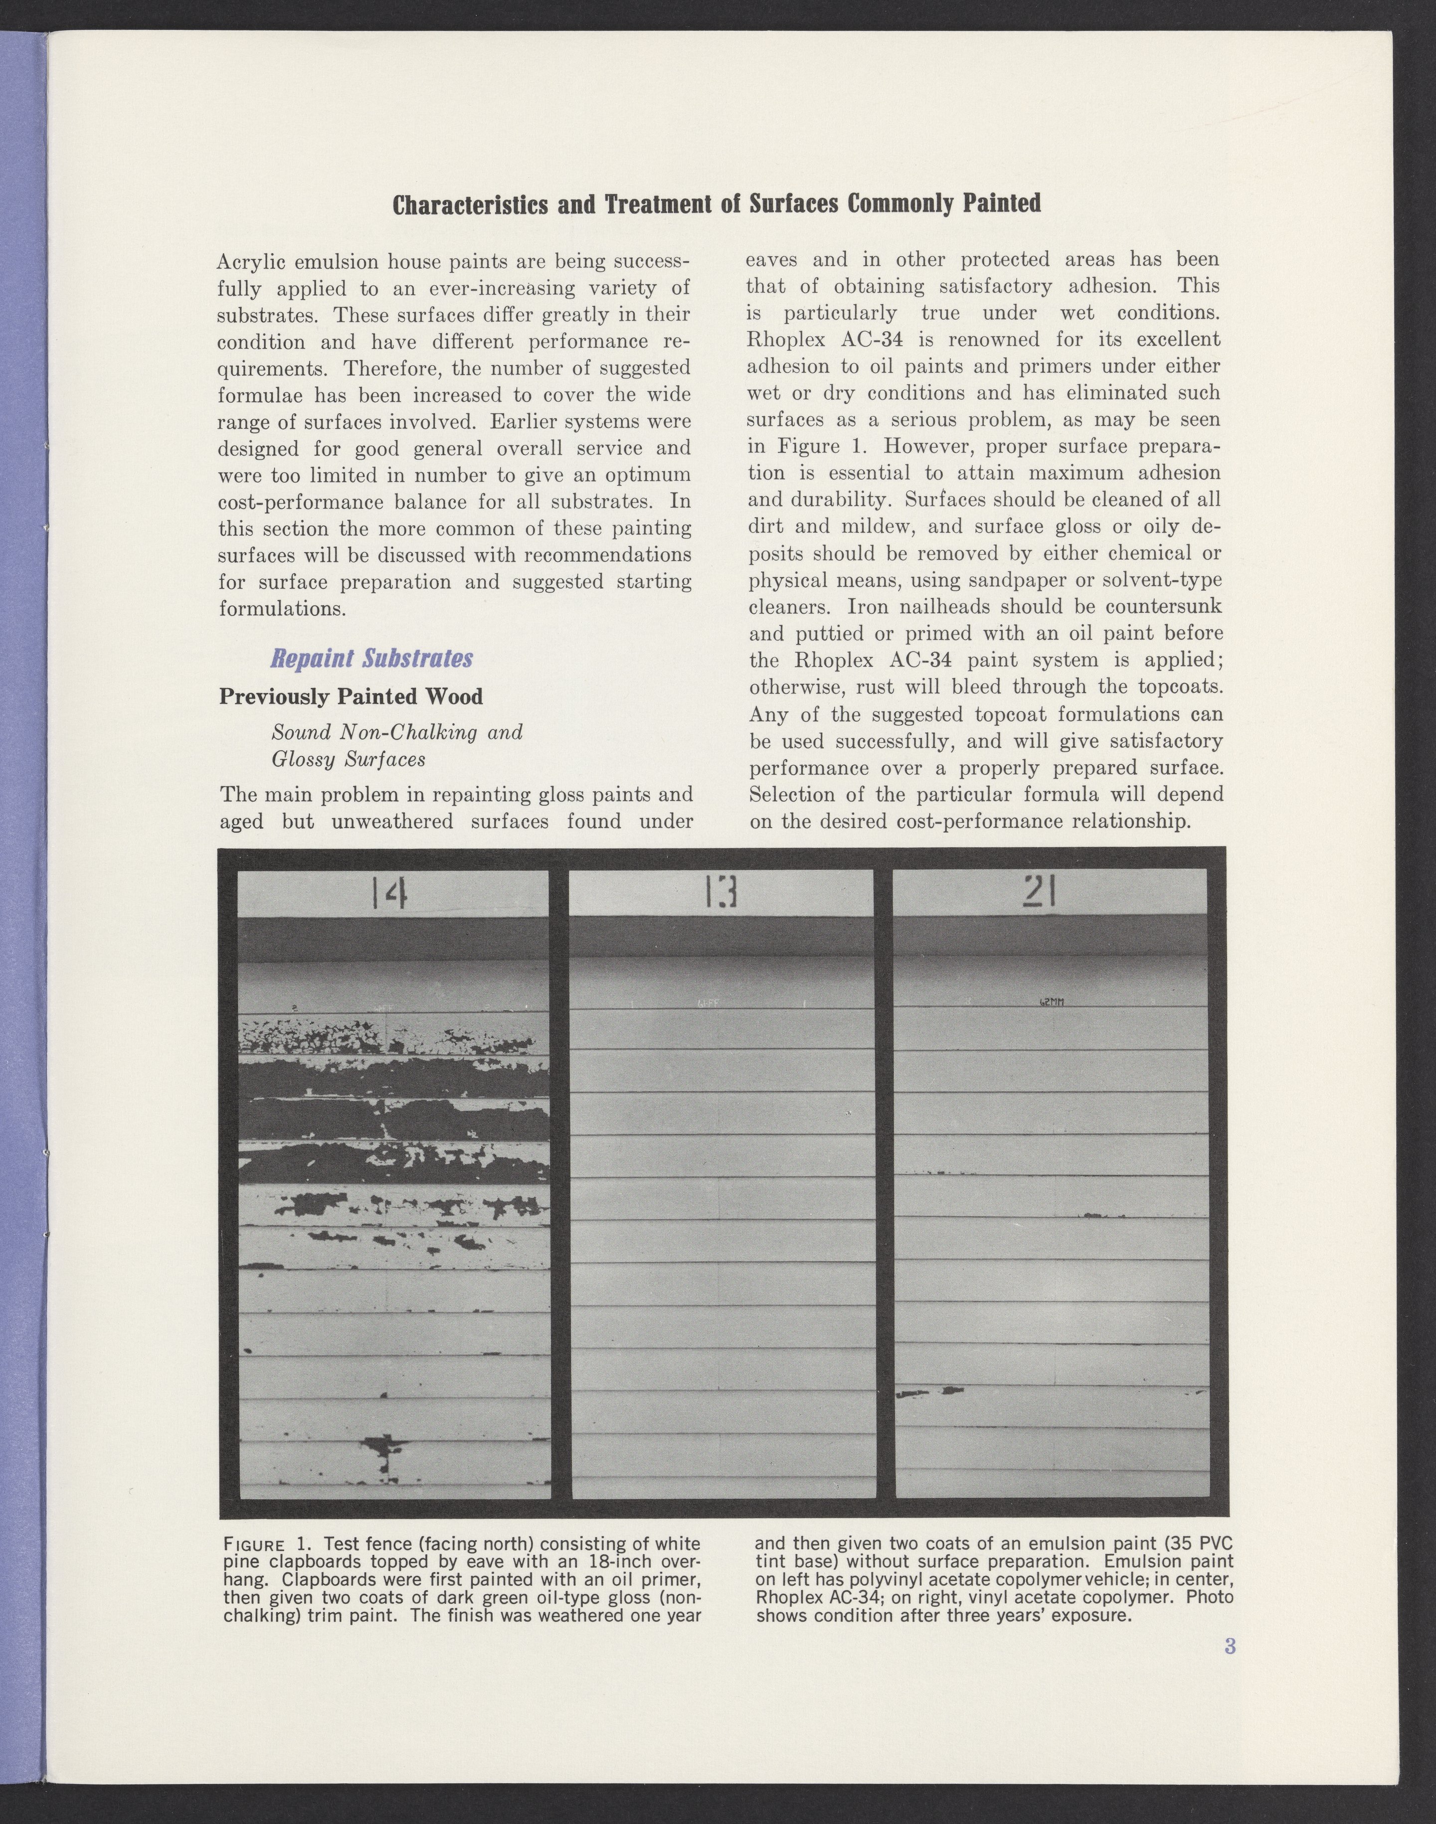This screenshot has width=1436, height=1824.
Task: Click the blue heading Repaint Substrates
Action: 371,658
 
